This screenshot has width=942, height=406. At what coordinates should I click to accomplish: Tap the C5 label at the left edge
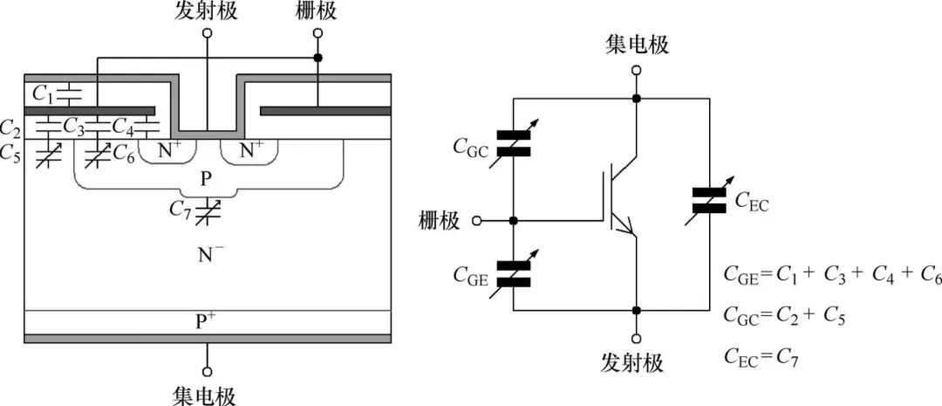[x=12, y=155]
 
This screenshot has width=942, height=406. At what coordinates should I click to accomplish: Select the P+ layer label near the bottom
[x=207, y=320]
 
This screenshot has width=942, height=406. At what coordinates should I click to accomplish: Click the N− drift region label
[x=208, y=255]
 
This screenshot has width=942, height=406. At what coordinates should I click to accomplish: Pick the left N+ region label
[x=170, y=150]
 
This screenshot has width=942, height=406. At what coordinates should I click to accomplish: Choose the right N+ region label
[x=251, y=150]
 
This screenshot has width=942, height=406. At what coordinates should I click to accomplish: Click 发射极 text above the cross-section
[x=207, y=11]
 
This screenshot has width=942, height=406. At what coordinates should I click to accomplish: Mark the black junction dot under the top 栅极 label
[x=317, y=58]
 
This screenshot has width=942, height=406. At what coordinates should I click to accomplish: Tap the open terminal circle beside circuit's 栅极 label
[x=477, y=221]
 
